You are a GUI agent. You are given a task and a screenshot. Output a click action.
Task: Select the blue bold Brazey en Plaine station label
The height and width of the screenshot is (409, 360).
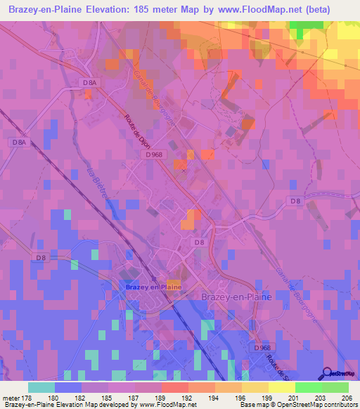(x=153, y=287)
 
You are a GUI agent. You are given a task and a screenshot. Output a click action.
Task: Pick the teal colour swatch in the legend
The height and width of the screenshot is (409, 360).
(x=41, y=387)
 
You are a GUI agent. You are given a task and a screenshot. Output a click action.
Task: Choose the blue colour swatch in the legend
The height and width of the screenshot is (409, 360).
(x=68, y=387)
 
